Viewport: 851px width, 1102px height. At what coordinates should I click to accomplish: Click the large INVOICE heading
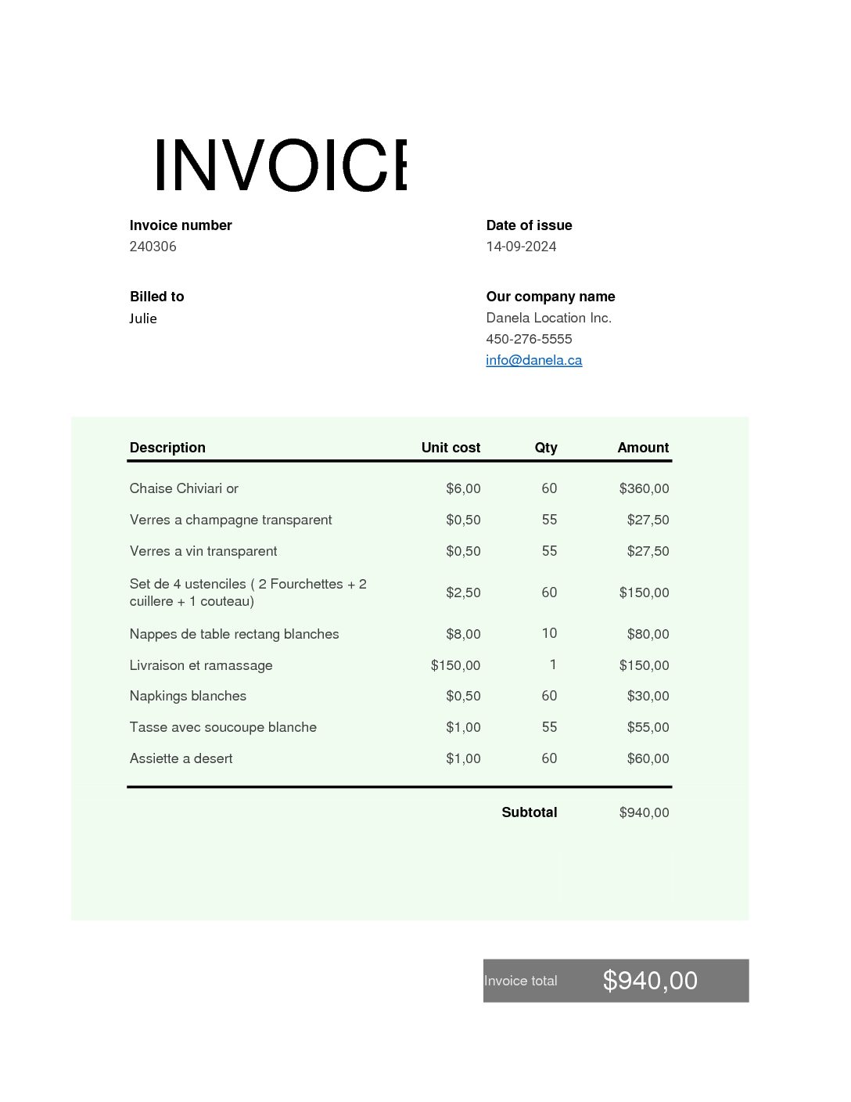coord(280,165)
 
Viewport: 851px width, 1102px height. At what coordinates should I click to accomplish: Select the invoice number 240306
coord(153,247)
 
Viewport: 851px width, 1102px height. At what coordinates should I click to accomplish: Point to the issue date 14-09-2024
coord(521,247)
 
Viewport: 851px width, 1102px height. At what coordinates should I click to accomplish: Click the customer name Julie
coord(143,319)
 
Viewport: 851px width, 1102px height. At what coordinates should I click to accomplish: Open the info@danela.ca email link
coord(533,360)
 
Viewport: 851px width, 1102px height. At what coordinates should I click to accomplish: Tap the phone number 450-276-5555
coord(529,339)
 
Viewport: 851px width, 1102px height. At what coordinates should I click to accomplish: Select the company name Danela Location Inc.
coord(548,318)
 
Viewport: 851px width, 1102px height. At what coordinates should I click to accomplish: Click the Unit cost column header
coord(451,448)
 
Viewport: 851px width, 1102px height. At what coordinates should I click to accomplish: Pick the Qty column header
coord(546,448)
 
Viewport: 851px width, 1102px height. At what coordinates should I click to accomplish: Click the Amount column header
coord(643,448)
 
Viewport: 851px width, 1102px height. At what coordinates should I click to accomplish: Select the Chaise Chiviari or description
coord(184,488)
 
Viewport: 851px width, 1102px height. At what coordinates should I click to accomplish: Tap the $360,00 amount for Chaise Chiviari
coord(644,488)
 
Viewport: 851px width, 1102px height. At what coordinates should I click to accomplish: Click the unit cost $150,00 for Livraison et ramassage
coord(455,665)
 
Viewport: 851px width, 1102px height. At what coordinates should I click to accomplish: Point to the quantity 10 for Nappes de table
coord(549,633)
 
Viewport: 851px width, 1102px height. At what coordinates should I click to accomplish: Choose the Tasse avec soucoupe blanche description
coord(223,727)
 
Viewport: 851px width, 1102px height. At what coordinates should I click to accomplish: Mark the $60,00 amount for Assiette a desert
coord(648,758)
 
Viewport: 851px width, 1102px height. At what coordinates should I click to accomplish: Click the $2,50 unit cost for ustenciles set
coord(463,592)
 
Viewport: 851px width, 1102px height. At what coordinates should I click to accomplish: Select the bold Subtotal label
coord(529,812)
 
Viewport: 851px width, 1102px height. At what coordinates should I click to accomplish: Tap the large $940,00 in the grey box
coord(650,980)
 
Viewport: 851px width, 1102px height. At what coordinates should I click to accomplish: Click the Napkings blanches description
coord(188,696)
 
